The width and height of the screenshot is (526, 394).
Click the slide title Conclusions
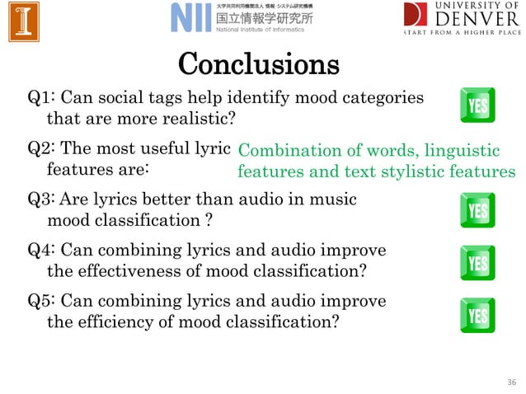tap(259, 63)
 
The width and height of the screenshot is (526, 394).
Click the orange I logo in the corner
tap(25, 21)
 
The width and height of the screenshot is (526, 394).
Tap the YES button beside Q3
tap(477, 211)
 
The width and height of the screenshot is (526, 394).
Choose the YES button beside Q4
tap(477, 263)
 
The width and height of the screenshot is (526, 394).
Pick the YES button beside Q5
tap(477, 316)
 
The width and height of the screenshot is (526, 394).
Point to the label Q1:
tap(42, 99)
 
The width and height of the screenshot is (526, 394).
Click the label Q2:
tap(42, 150)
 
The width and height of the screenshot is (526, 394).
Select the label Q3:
tap(42, 199)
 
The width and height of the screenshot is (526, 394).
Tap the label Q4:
tap(42, 251)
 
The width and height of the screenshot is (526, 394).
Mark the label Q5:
tap(42, 302)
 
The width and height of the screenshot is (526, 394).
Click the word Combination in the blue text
tap(284, 152)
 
